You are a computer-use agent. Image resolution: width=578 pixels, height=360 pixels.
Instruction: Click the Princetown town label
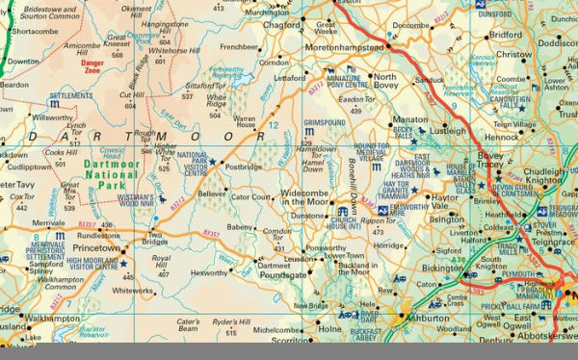click(97, 247)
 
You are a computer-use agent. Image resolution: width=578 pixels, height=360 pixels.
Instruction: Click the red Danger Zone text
click(92, 68)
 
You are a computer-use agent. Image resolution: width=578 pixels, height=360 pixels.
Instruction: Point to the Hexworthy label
click(211, 273)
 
